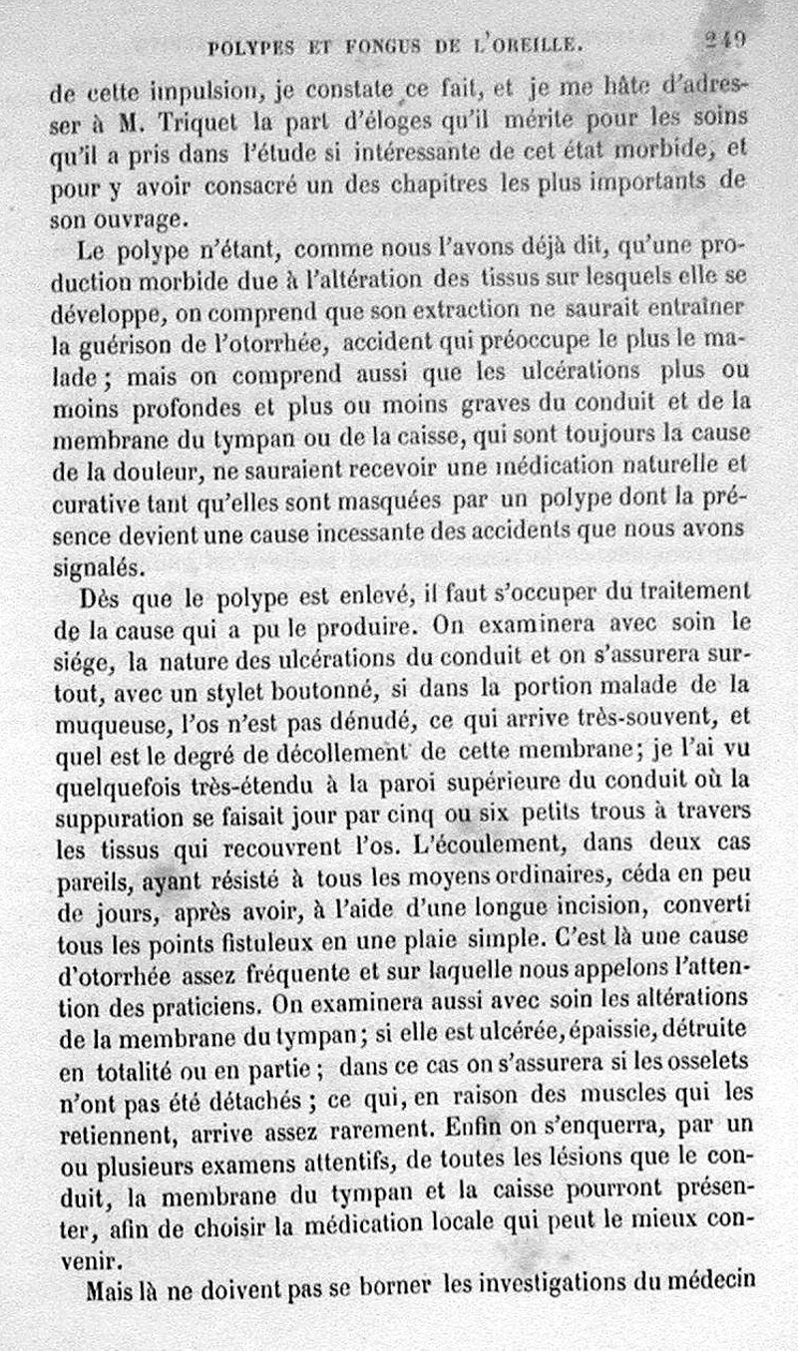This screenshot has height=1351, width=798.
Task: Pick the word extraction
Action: coord(442,310)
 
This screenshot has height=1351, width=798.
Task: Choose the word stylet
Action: coord(237,686)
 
